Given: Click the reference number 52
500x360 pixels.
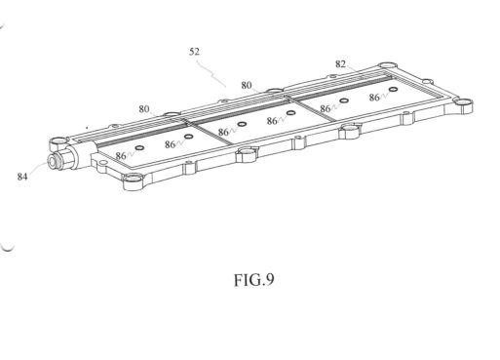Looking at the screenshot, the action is click(x=194, y=52).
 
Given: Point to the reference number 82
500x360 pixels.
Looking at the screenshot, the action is click(x=340, y=64).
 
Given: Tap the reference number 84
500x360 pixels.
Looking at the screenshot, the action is click(x=22, y=177).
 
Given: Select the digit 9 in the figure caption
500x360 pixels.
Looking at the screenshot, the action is click(x=270, y=280).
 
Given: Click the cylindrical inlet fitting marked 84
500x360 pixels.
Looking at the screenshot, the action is click(x=61, y=159).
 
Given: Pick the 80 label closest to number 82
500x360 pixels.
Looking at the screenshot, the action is click(x=247, y=85).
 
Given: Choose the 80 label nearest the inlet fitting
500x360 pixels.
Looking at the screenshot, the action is click(x=144, y=109).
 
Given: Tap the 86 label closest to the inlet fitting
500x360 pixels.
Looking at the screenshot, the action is click(x=121, y=156).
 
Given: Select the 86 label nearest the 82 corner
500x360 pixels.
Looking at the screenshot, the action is click(x=374, y=98).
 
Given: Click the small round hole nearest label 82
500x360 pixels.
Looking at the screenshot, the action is click(x=394, y=89).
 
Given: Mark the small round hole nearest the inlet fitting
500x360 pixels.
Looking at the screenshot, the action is click(x=140, y=148).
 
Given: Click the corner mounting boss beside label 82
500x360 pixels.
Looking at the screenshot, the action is click(x=387, y=65).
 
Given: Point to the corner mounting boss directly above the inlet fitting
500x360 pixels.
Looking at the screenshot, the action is click(x=58, y=142).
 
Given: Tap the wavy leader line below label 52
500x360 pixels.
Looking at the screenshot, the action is click(x=212, y=72).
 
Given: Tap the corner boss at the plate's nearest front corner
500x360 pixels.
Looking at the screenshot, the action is click(x=134, y=181).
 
